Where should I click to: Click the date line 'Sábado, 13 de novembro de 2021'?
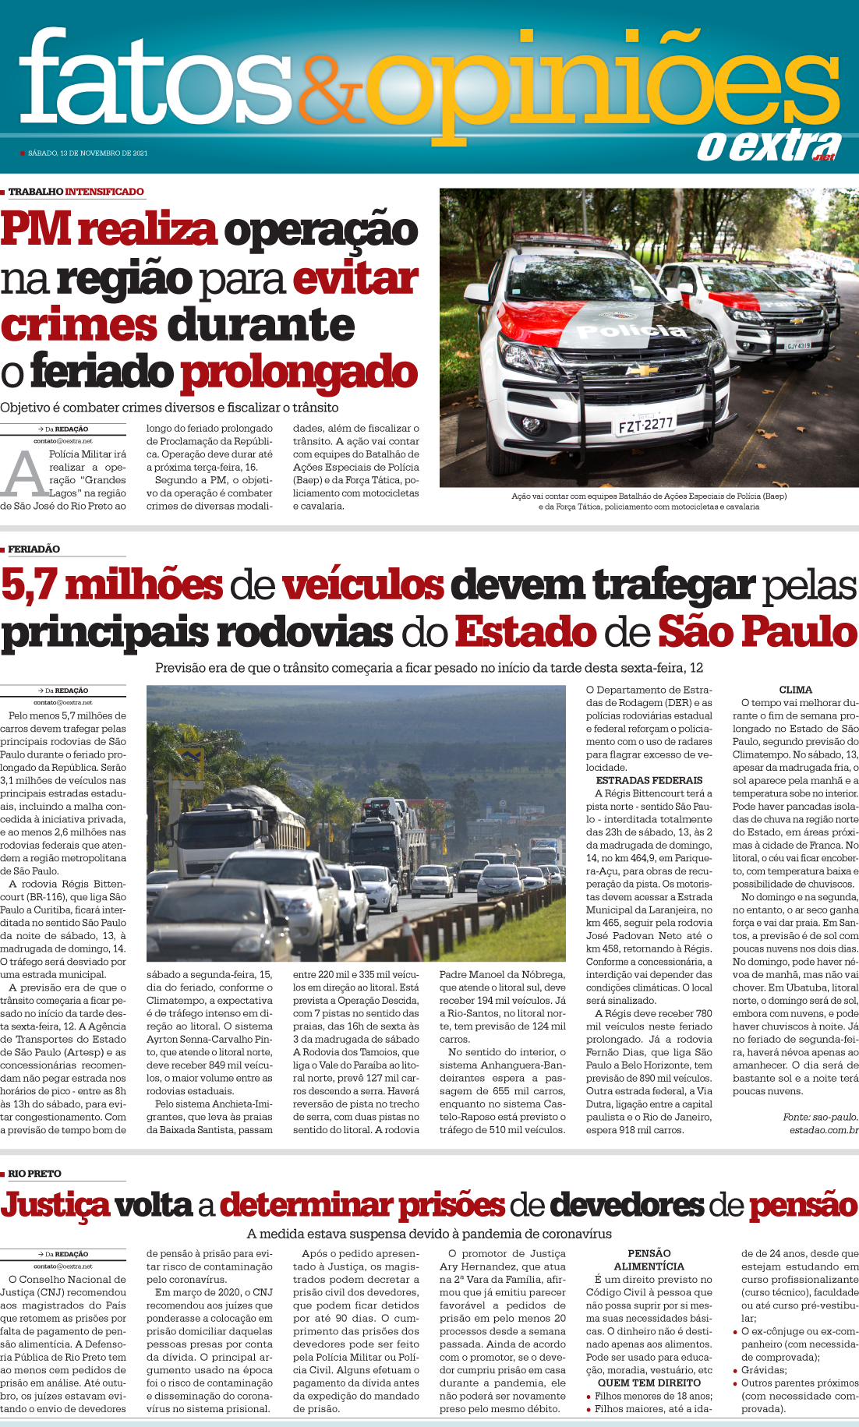tap(87, 154)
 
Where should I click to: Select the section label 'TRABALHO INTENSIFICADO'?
tap(76, 192)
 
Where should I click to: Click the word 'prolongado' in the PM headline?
tap(299, 373)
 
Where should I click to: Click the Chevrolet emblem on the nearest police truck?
tap(643, 370)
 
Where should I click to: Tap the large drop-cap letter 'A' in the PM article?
tap(23, 474)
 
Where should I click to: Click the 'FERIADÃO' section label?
tap(34, 549)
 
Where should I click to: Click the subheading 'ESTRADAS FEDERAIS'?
tap(649, 780)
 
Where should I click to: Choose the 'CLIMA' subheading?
tap(795, 690)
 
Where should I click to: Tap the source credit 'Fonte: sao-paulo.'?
tap(820, 1117)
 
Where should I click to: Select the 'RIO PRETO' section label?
tap(34, 1174)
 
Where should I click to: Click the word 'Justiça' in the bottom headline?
tap(55, 1205)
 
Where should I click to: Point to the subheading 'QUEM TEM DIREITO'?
tap(649, 1383)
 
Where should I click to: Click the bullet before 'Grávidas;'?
tap(736, 1370)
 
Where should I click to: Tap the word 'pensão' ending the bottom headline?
tap(803, 1205)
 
